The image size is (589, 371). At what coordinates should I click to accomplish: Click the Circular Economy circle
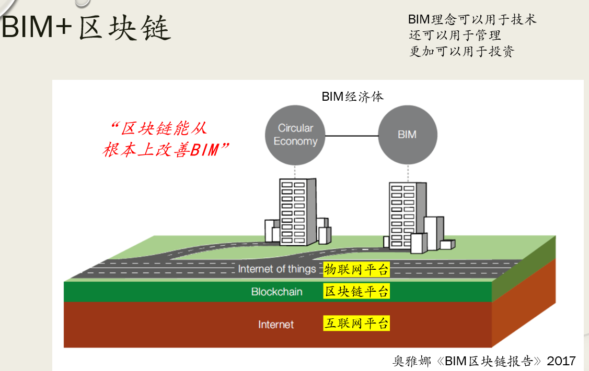[x=295, y=135]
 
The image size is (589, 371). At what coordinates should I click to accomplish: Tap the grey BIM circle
[x=407, y=135]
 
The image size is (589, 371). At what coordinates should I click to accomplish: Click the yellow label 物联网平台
[x=356, y=269]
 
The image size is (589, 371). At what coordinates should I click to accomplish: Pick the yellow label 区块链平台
[x=356, y=291]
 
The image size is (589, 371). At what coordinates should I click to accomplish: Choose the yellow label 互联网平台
[x=356, y=324]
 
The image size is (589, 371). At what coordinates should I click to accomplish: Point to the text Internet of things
[x=277, y=269]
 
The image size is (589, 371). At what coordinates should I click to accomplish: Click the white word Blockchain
[x=276, y=292]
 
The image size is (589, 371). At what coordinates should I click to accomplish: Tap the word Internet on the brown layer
[x=276, y=325]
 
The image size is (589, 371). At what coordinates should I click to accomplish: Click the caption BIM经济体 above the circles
[x=352, y=97]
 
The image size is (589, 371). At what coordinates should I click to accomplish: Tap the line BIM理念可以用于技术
[x=472, y=20]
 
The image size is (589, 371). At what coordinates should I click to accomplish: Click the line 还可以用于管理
[x=455, y=35]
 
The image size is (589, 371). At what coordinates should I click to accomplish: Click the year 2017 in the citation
[x=561, y=361]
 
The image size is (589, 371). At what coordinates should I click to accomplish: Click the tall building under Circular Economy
[x=297, y=211]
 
